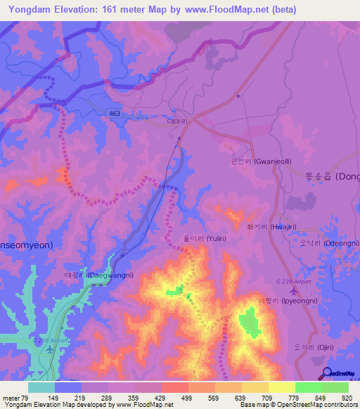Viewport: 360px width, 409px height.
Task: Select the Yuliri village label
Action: (203, 239)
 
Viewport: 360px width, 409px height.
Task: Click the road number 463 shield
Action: (113, 113)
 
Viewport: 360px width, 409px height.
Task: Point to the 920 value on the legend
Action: (346, 398)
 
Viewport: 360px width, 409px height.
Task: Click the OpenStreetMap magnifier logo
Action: (327, 374)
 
